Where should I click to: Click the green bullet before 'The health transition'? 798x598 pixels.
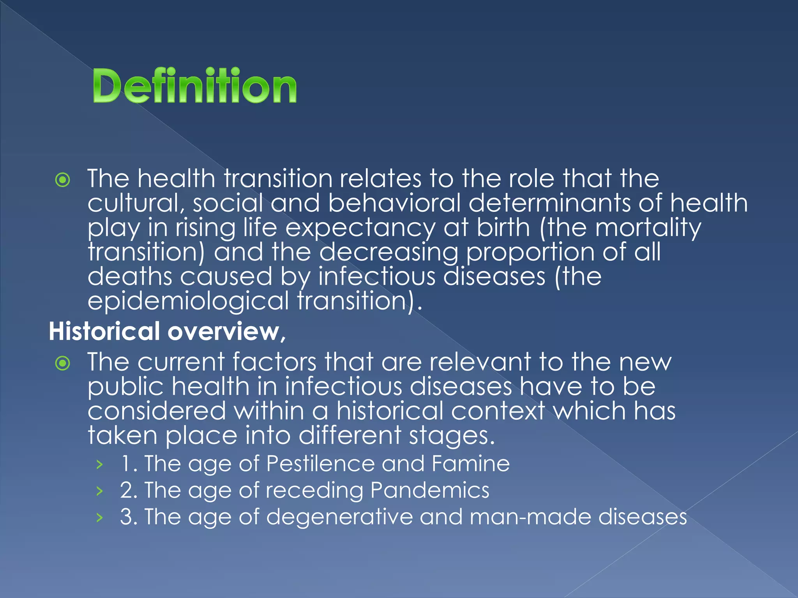63,180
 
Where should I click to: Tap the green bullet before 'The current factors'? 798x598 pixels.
63,364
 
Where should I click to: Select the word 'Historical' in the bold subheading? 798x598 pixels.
104,331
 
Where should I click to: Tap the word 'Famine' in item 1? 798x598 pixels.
470,464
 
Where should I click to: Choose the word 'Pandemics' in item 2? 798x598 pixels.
429,490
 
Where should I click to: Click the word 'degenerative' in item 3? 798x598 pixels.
339,517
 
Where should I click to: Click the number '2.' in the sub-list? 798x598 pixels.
128,490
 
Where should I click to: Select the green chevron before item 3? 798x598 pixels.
100,517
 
